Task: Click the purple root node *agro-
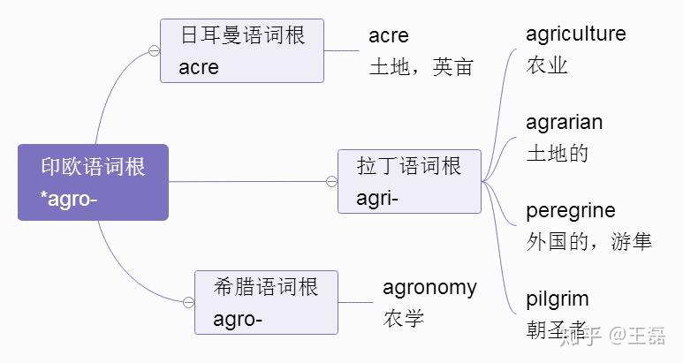[93, 182]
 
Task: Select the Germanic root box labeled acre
[242, 50]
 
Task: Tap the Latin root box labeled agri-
[409, 181]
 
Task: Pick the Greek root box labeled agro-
[266, 302]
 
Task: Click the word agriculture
[575, 34]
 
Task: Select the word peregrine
[570, 211]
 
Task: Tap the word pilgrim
[557, 299]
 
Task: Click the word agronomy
[429, 287]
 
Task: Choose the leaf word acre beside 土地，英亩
[389, 36]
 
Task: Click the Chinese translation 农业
[546, 65]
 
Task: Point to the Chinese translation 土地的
[557, 154]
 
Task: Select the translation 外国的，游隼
[588, 241]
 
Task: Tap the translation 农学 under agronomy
[403, 318]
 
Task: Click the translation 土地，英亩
[421, 67]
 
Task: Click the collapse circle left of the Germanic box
[154, 51]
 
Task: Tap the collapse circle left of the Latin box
[331, 182]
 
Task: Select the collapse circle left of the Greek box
[188, 302]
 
